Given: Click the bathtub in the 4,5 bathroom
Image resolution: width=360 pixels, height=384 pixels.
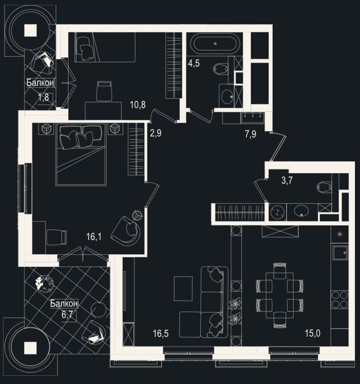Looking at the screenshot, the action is point(215,44).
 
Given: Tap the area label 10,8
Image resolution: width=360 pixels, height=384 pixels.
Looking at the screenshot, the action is point(138,105).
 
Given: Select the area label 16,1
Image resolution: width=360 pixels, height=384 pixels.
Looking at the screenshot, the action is point(94,236).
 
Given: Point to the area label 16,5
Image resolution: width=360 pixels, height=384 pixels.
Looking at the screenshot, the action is point(161,334).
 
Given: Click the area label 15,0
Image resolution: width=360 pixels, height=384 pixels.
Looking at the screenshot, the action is point(313,334).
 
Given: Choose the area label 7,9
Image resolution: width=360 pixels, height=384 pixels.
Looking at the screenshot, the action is point(251,134).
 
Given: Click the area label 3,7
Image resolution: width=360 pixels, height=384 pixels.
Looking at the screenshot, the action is point(286,181).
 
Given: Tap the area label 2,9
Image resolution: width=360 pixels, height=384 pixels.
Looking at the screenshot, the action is point(156,133).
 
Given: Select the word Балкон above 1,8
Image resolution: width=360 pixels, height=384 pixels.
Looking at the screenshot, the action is point(40,82).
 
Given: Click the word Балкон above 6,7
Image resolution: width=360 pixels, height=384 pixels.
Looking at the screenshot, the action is point(64,304).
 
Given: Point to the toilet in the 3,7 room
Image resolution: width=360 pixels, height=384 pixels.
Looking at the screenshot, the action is point(324,188).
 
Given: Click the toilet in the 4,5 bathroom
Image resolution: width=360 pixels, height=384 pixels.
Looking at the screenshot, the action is point(221,69).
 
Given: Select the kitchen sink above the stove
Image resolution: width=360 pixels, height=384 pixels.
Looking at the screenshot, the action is point(340,253).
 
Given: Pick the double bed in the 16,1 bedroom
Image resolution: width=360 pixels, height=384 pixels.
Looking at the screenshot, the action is point(81,154).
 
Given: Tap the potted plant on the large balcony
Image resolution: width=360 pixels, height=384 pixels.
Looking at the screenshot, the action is point(45,284).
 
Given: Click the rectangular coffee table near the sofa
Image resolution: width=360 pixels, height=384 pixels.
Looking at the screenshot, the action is point(183,289).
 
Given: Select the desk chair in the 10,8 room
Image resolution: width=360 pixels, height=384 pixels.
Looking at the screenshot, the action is point(104,91).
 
